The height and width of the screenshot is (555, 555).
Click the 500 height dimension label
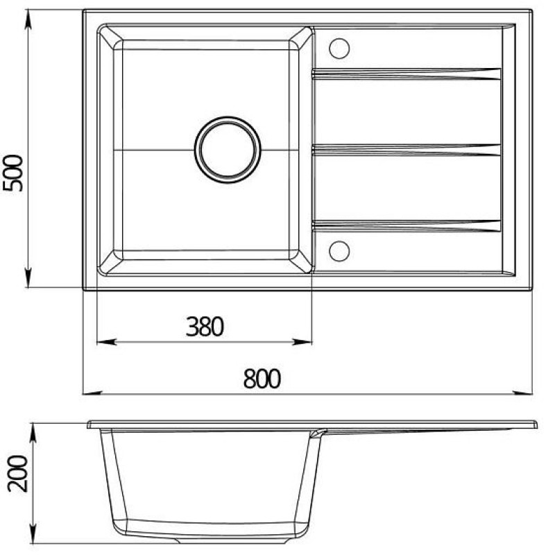click(13, 173)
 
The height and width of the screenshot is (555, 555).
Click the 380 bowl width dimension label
click(205, 326)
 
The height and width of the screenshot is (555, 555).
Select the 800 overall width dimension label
click(262, 379)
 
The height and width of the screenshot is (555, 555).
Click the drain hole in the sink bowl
click(228, 150)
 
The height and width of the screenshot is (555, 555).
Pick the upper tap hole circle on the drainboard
click(339, 48)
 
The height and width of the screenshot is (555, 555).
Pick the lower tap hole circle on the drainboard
click(339, 251)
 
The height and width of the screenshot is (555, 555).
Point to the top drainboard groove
click(407, 74)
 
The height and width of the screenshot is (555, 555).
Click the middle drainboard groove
click(407, 150)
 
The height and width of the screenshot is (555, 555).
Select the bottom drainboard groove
click(407, 226)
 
